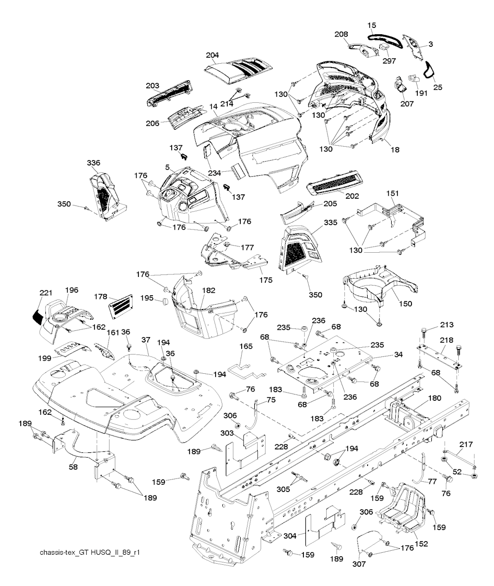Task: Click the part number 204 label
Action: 212,55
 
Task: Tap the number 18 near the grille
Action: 395,150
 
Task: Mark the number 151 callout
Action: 393,193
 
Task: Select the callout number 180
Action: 434,398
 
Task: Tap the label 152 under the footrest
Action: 421,545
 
